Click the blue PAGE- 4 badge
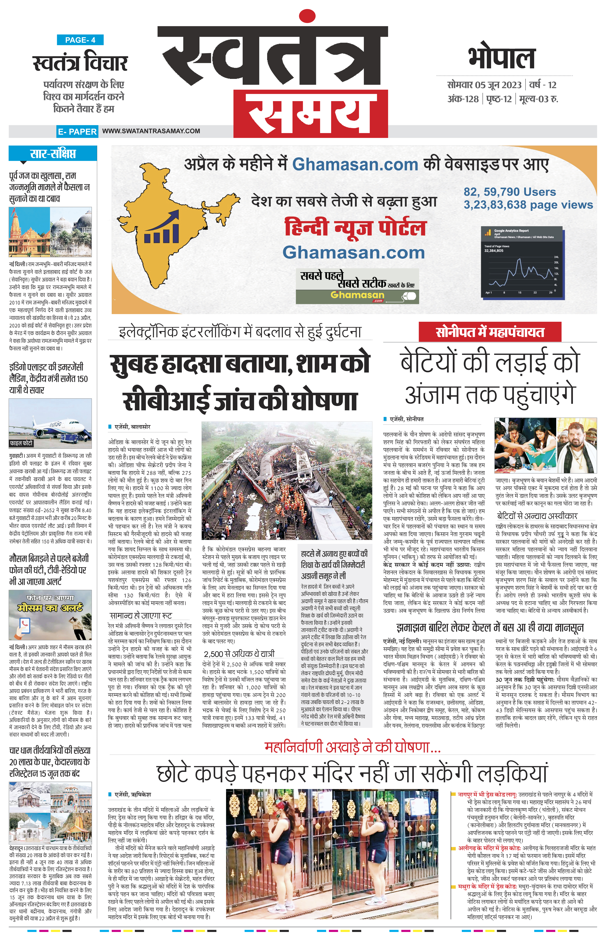[80, 40]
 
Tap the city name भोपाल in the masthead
[501, 58]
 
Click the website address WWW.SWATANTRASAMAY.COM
[151, 131]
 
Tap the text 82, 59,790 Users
[510, 192]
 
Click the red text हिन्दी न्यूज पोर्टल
[355, 227]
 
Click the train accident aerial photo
[286, 480]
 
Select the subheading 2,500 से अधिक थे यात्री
[239, 654]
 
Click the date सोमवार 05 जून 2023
[484, 85]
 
